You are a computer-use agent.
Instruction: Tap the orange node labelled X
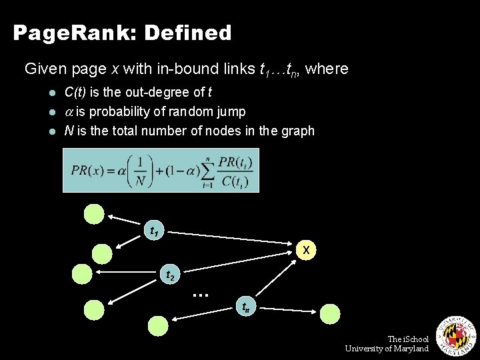[306, 249]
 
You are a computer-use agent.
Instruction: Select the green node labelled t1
[154, 231]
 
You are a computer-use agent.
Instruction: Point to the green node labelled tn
[245, 306]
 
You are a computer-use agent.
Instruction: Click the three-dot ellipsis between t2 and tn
[201, 293]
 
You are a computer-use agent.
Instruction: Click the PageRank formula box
[161, 170]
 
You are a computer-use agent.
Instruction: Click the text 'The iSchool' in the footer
[408, 339]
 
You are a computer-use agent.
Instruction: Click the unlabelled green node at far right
[330, 313]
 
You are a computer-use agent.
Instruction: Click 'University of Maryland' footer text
[387, 349]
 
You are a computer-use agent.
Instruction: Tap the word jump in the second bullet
[231, 111]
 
